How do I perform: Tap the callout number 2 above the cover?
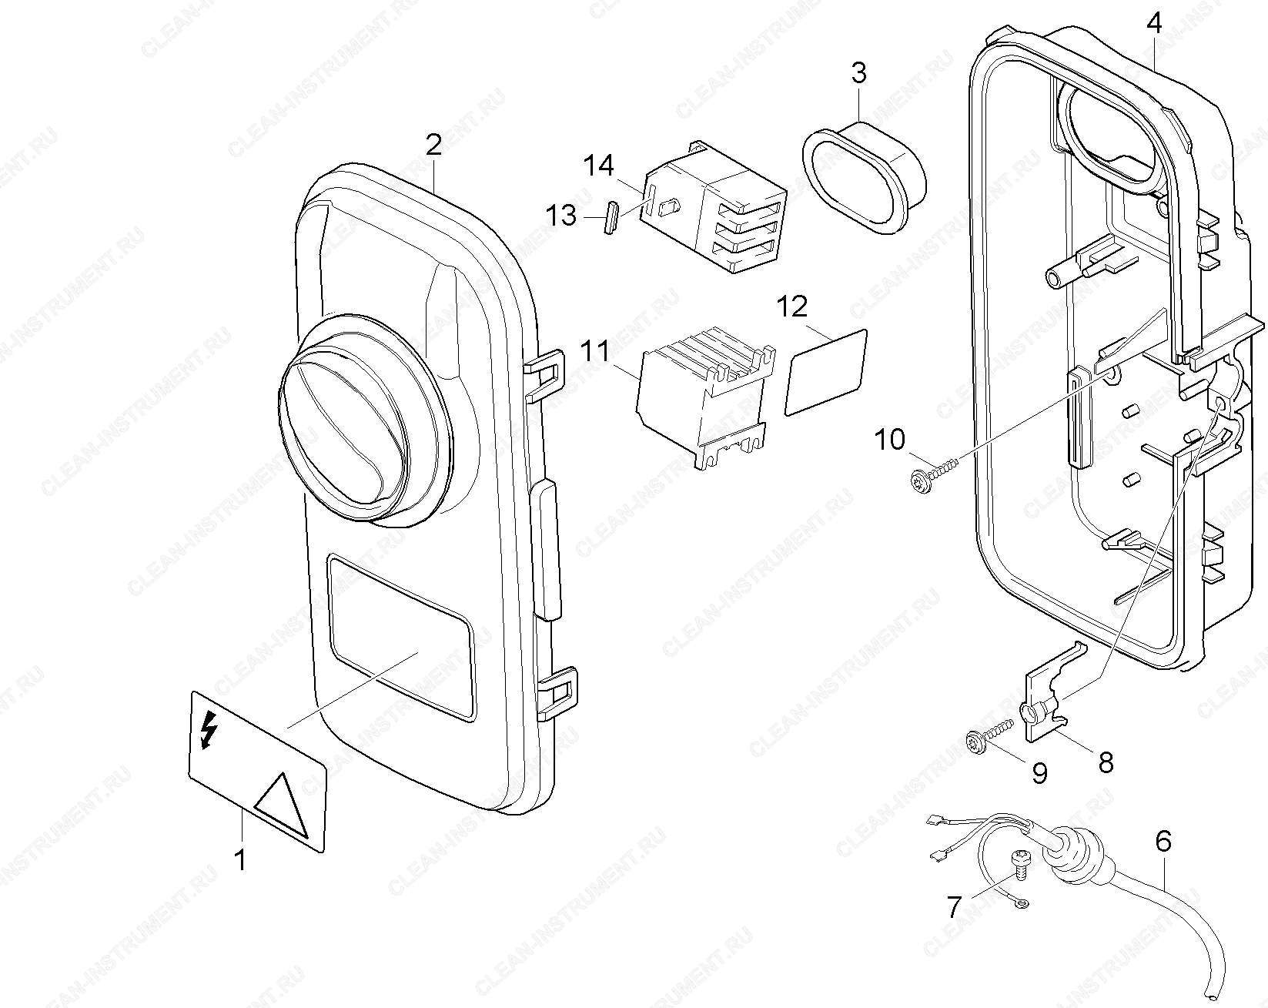point(434,144)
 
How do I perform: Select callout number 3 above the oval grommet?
point(858,74)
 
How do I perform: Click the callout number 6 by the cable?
point(1163,841)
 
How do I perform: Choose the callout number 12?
point(792,307)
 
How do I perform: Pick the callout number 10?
point(890,440)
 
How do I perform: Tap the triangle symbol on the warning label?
point(281,805)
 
